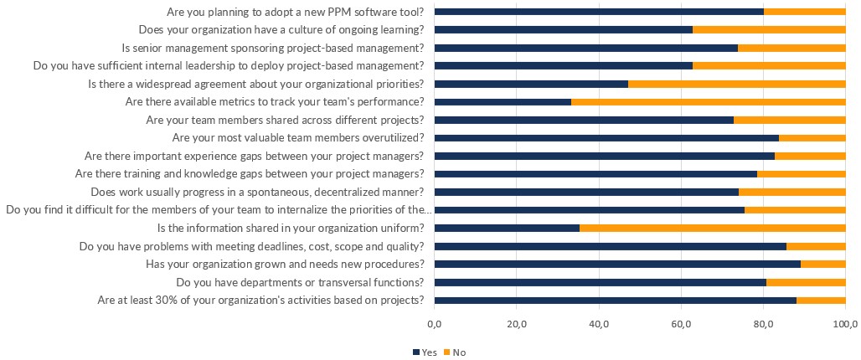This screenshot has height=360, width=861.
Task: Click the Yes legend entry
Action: (426, 352)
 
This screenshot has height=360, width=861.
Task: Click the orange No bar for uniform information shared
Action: (712, 228)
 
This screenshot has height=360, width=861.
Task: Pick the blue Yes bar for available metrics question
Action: (503, 102)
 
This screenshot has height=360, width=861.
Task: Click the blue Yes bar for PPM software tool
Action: (599, 12)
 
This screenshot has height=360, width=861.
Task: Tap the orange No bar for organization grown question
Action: (822, 264)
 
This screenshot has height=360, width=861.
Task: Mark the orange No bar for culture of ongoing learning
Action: (769, 30)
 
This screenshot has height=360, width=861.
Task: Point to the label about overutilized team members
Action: (297, 137)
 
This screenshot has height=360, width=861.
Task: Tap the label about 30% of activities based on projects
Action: (260, 300)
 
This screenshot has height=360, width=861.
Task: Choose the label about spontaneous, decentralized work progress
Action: (269, 192)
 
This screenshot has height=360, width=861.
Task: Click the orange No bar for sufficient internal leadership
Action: (769, 66)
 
